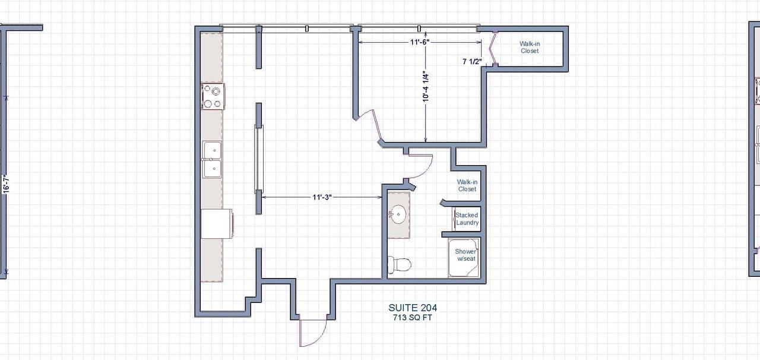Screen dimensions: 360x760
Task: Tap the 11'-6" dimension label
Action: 419,42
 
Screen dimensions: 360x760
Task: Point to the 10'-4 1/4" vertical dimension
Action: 426,88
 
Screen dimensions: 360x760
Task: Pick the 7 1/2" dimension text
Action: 472,61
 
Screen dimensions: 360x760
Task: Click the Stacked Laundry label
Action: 467,219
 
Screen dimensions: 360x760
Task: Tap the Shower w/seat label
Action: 466,255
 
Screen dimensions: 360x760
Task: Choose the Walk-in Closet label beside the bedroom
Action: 530,48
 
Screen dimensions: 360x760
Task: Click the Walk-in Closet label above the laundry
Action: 467,185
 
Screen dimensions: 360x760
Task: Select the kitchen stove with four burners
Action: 213,97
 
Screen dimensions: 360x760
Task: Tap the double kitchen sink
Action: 212,160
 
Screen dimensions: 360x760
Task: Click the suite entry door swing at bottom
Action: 313,331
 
